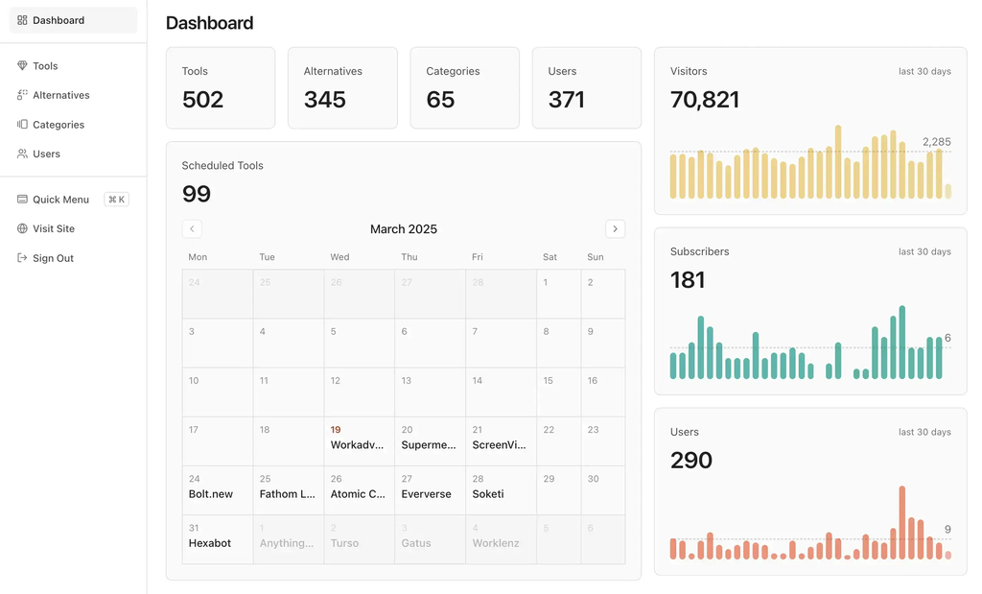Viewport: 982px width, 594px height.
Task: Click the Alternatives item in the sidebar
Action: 60,95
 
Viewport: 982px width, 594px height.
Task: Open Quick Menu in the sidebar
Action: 60,200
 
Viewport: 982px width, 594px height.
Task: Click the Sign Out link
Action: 53,258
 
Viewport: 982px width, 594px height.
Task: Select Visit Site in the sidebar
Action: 53,228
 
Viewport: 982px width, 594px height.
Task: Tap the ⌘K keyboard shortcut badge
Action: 117,200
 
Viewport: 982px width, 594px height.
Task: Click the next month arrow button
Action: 615,228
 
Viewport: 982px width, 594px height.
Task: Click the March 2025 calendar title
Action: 404,229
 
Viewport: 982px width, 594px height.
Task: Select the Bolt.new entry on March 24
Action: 211,494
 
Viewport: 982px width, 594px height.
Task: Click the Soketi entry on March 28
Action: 488,494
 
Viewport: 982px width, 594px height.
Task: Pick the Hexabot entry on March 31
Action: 210,543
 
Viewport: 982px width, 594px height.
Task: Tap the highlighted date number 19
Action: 336,430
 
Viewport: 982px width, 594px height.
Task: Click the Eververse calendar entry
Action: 426,494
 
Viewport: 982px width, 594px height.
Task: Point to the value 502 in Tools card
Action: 202,100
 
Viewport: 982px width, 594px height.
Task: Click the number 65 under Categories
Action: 440,100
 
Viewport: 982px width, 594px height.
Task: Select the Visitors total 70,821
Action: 705,100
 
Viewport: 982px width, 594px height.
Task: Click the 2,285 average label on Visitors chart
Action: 936,142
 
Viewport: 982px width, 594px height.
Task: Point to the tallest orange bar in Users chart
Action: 902,523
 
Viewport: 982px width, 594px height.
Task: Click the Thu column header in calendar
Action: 409,257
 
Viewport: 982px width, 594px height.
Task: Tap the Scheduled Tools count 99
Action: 197,194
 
